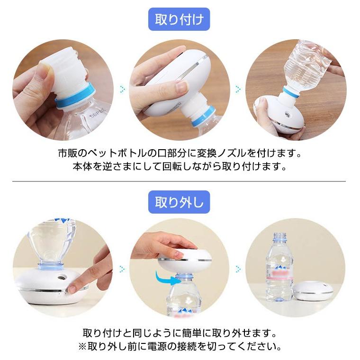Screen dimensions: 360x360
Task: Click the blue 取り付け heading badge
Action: pyautogui.click(x=179, y=19)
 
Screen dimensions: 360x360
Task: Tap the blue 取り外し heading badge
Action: pyautogui.click(x=179, y=202)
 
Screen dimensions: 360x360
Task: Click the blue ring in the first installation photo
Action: pyautogui.click(x=76, y=96)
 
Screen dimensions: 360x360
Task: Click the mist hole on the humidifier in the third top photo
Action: pyautogui.click(x=287, y=114)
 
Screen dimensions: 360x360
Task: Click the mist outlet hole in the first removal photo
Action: pyautogui.click(x=61, y=278)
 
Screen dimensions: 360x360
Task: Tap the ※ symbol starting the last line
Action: pyautogui.click(x=82, y=346)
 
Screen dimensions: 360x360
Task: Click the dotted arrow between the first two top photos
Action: pyautogui.click(x=123, y=89)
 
